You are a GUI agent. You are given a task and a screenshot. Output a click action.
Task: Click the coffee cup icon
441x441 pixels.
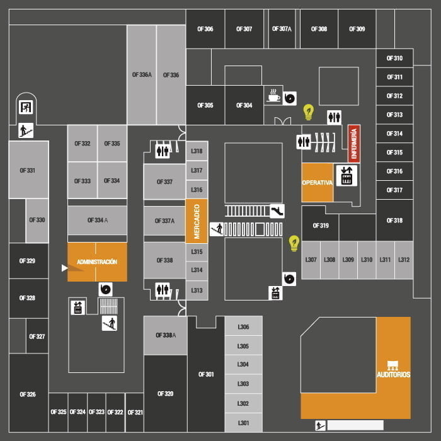pos(273,95)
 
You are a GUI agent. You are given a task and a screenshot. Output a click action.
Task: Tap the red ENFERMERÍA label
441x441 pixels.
pos(354,144)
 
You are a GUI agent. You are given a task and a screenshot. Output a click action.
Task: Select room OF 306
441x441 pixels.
pos(205,29)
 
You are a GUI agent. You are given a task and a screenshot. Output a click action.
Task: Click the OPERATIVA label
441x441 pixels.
pos(317,183)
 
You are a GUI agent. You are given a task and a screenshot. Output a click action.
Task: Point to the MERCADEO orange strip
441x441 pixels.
pos(197,221)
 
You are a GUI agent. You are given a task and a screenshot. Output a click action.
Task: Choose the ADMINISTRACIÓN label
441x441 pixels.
pos(97,261)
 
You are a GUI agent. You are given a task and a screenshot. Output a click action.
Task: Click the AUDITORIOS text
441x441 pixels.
pos(393,374)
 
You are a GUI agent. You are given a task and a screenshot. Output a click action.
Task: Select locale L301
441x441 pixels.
pos(243,423)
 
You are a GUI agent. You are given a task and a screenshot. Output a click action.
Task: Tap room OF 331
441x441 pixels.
pos(27,171)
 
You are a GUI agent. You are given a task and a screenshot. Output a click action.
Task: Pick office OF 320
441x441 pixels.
pos(165,394)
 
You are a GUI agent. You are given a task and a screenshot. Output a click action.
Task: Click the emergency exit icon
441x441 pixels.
pos(26,106)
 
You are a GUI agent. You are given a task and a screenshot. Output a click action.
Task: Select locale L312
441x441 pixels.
pos(404,260)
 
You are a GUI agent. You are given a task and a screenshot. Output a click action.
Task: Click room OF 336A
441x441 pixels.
pos(142,75)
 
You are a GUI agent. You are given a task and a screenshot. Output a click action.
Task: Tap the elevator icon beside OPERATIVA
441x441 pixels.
pos(346,176)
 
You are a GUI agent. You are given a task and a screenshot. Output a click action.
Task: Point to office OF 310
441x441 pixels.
pos(394,58)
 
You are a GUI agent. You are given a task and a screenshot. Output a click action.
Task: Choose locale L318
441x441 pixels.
pos(197,151)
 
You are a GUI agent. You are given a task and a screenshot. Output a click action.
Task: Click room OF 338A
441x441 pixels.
pos(165,335)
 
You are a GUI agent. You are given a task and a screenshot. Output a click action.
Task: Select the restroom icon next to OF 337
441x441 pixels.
pos(163,151)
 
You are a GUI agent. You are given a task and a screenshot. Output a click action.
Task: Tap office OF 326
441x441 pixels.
pos(28,394)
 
